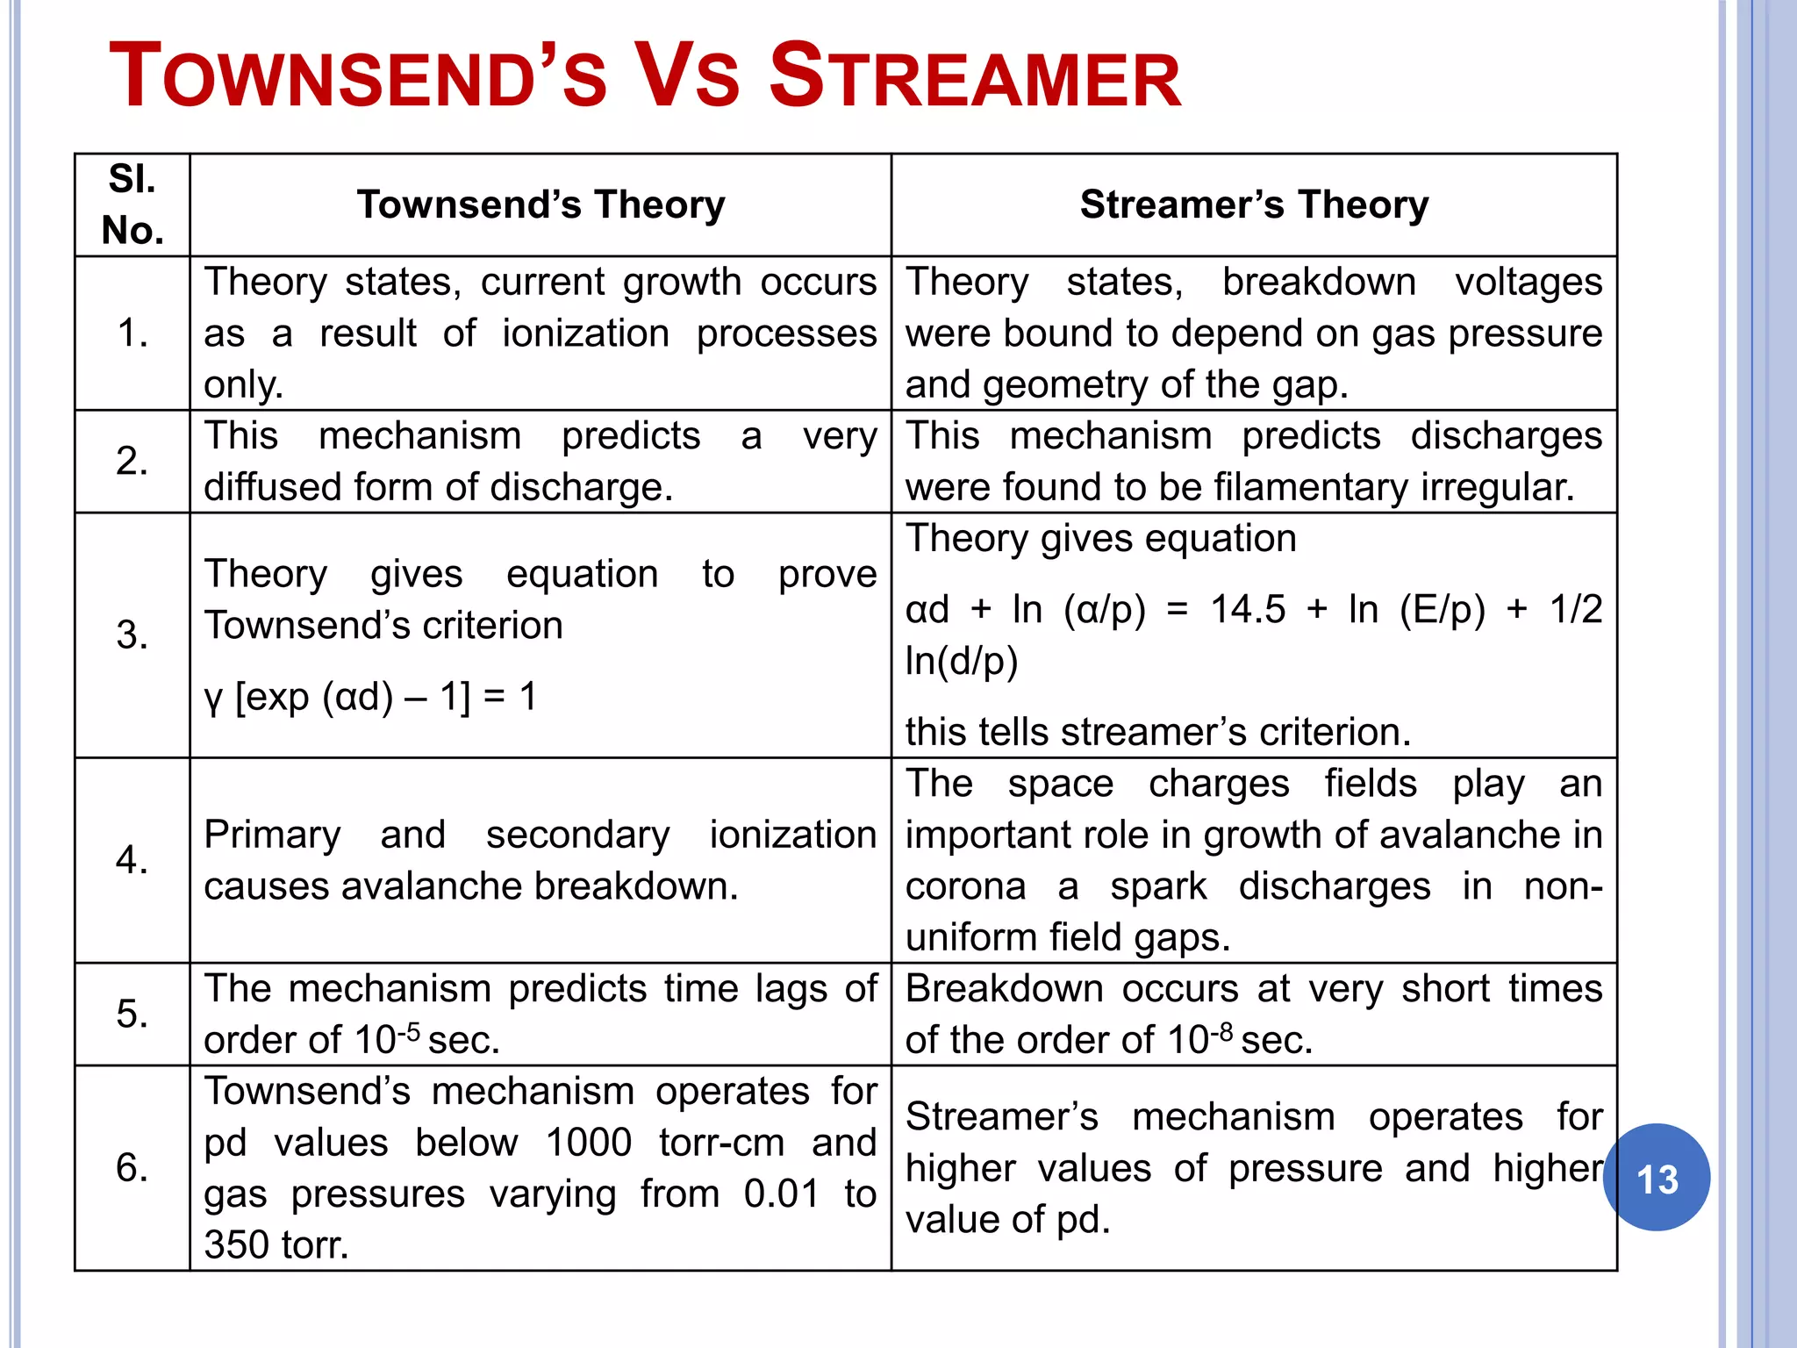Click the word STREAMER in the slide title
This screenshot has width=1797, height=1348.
click(974, 77)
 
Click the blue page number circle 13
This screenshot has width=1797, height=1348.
click(1657, 1178)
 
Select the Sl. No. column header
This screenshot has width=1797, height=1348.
click(132, 204)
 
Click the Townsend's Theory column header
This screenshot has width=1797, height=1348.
click(541, 204)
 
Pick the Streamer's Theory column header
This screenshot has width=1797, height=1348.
click(1254, 204)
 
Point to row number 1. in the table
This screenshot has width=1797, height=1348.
click(132, 333)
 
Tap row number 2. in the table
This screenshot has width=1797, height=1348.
click(132, 462)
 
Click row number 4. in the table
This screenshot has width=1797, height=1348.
click(132, 860)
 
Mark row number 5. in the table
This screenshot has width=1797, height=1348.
click(132, 1015)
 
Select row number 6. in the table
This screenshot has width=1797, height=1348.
click(132, 1168)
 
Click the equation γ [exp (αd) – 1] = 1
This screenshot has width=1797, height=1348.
click(370, 698)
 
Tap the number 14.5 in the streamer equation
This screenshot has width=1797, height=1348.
click(1248, 609)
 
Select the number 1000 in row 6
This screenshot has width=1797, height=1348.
click(588, 1143)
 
